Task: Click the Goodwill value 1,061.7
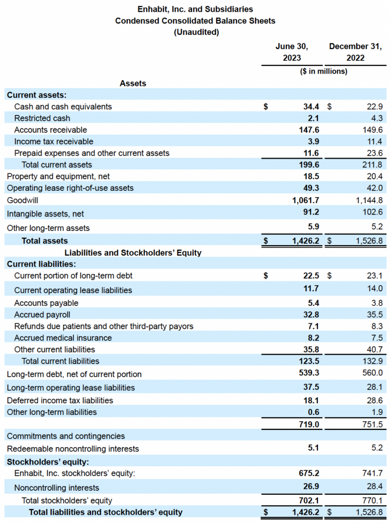305,201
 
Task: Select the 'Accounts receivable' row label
51,130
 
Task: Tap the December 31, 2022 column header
355,52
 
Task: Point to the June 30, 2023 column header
292,52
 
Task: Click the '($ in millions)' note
324,71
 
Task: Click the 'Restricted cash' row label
42,118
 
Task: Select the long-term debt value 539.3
309,374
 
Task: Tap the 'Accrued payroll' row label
42,315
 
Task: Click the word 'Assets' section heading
133,83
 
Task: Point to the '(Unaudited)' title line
196,32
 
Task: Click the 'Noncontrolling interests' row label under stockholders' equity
57,488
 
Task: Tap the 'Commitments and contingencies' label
66,436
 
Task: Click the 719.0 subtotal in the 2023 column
309,424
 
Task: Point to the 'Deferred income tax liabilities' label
60,400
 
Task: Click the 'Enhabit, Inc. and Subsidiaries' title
195,9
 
